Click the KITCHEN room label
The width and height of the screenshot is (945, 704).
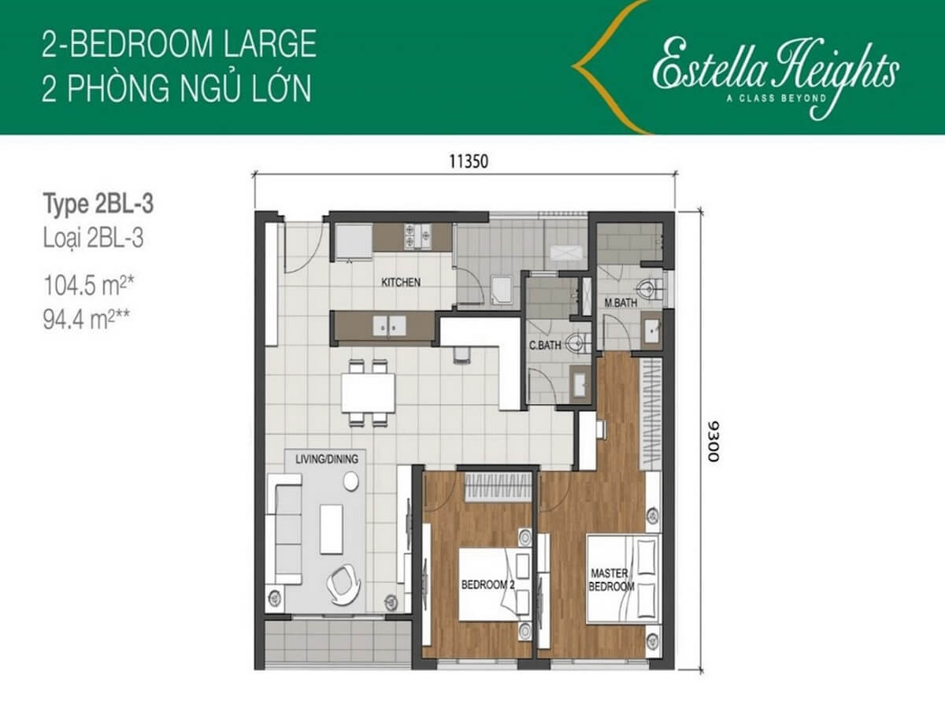401,282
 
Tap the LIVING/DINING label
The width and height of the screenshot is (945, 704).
327,459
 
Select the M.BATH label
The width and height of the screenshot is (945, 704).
621,303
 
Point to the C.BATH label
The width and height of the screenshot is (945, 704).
545,345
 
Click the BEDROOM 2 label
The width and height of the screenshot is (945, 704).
487,585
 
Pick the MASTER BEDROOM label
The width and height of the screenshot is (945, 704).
611,580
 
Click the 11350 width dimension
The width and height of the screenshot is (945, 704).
469,161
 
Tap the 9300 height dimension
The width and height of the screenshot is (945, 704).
713,441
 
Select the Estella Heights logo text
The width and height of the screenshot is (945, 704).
776,72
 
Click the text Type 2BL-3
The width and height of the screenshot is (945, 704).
98,204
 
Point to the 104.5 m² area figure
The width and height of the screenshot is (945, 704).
89,285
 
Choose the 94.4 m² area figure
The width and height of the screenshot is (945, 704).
87,320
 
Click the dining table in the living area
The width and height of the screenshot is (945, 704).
368,393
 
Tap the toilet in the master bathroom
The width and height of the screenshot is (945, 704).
650,289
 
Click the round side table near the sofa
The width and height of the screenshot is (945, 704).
351,481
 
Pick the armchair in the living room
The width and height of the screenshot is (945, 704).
343,584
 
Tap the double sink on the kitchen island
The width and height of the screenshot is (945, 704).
389,326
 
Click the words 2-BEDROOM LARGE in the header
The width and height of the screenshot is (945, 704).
179,44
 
